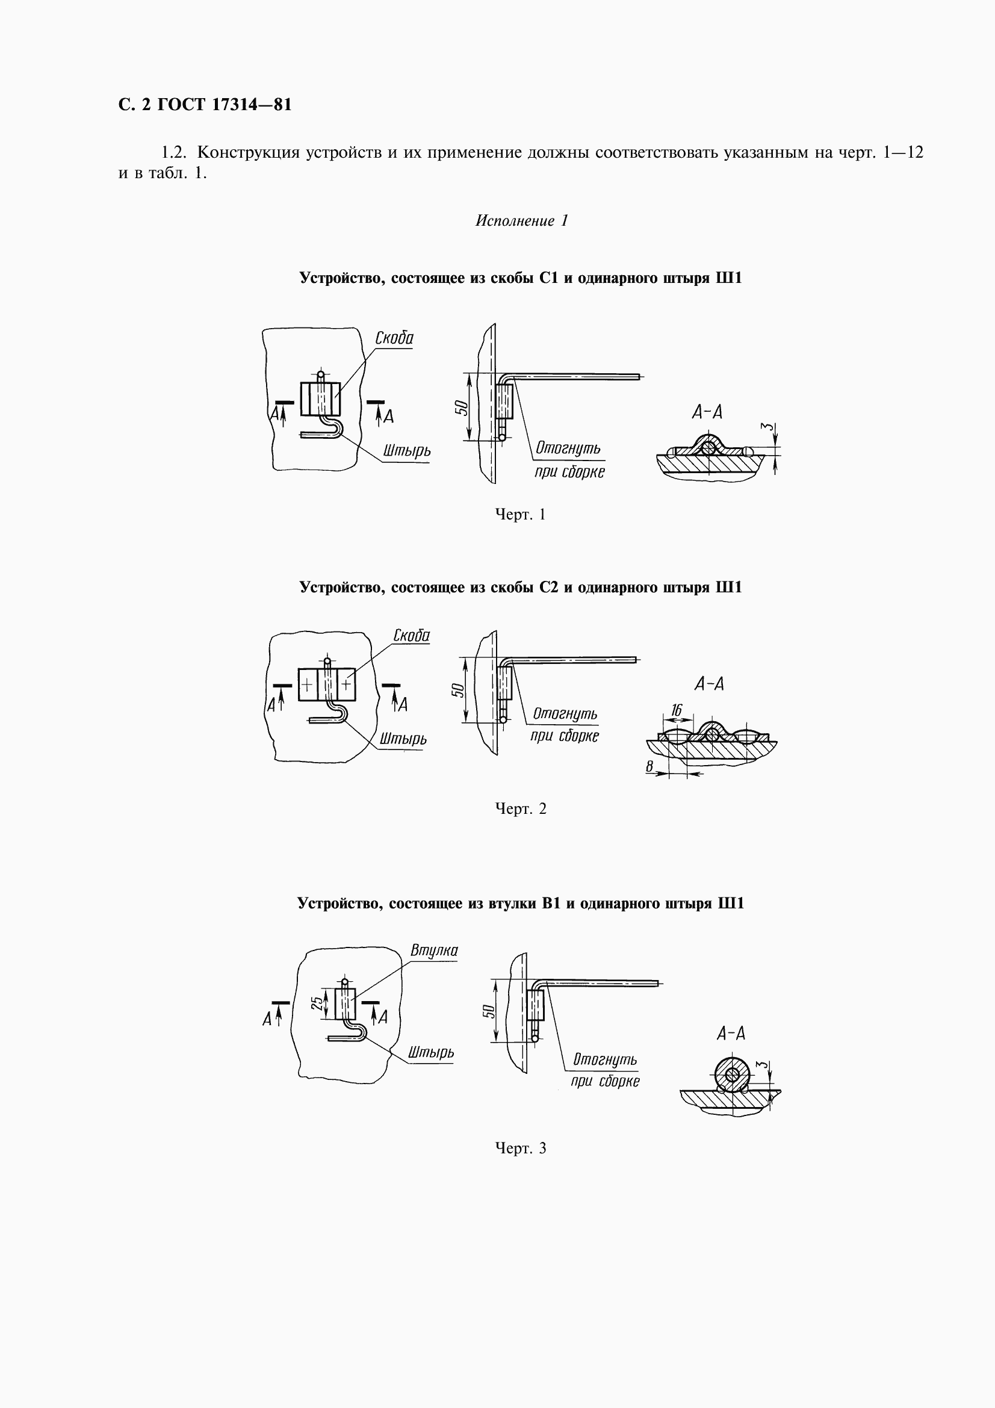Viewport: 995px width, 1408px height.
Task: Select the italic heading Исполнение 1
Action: (522, 221)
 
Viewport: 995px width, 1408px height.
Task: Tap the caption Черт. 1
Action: (520, 515)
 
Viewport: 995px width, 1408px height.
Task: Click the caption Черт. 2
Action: (521, 809)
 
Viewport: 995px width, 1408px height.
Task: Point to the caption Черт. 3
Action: (521, 1148)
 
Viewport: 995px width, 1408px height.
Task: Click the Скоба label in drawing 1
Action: (394, 338)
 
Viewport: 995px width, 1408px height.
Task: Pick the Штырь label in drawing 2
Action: (403, 739)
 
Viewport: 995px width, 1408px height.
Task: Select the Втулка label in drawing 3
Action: (434, 951)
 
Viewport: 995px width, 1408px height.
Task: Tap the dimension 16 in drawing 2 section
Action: (676, 710)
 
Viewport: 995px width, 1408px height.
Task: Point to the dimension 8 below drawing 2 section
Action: (650, 766)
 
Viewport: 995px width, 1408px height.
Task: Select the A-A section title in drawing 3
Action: (731, 1034)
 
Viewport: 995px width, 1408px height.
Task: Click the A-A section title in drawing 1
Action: (707, 413)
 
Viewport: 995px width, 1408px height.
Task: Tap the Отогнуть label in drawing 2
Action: (565, 714)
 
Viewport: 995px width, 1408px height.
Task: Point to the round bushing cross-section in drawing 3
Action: (732, 1075)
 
